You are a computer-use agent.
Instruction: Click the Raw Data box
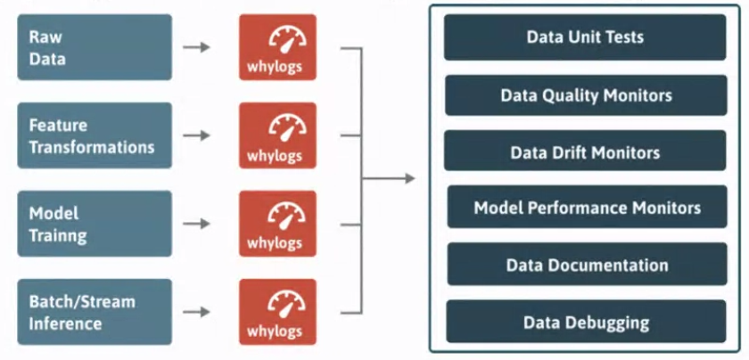(x=94, y=47)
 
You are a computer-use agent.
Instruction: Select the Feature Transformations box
(x=94, y=135)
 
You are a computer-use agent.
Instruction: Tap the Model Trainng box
(x=94, y=224)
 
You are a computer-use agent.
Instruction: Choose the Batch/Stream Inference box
(x=94, y=312)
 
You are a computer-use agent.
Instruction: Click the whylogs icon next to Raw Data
(x=276, y=47)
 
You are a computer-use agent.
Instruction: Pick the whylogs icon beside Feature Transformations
(x=276, y=135)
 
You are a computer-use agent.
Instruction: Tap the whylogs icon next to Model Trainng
(x=276, y=224)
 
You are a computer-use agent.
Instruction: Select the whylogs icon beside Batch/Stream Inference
(x=276, y=312)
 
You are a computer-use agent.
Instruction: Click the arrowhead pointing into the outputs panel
(x=409, y=179)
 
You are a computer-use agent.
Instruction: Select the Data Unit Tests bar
(x=585, y=37)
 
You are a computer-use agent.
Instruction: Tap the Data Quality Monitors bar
(x=585, y=94)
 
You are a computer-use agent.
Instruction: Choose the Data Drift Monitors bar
(x=585, y=151)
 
